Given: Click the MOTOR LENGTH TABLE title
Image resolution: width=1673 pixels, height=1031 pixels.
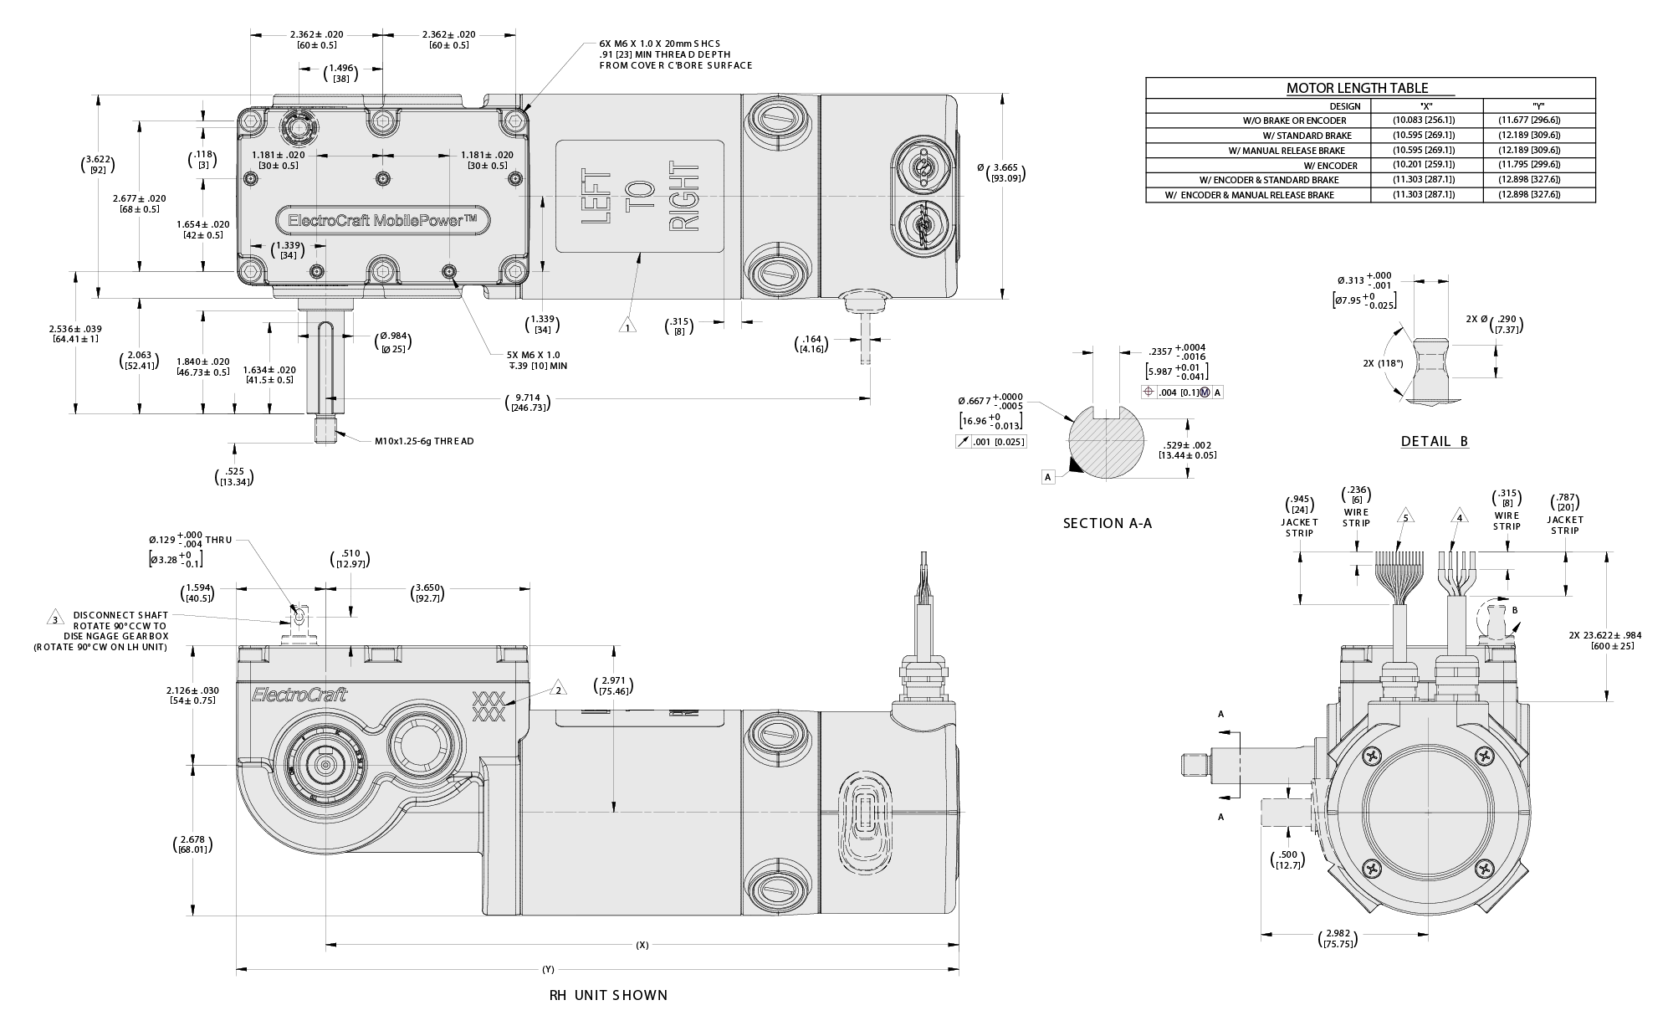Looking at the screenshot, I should [x=1357, y=88].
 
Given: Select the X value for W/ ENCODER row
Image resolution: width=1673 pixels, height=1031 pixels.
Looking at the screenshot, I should [x=1424, y=165].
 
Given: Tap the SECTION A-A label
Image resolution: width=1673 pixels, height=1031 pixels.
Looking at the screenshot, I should [x=1107, y=523].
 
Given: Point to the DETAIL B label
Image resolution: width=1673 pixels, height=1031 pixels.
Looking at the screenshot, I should [x=1435, y=441].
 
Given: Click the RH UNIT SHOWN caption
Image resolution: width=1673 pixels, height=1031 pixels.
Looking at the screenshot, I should [x=608, y=995].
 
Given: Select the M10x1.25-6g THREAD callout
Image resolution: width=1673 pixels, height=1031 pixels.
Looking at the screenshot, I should [x=423, y=441].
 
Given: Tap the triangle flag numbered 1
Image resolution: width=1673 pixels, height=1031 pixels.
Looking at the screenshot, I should [x=628, y=325].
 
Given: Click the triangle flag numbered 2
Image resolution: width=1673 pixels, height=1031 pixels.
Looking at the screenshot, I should [x=558, y=690].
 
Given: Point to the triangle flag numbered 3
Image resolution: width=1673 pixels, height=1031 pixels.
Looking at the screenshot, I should [x=55, y=619].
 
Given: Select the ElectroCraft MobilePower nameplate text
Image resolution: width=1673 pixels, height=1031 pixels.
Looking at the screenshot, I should [x=381, y=220].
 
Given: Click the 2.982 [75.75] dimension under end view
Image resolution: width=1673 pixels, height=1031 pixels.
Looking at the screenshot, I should [x=1335, y=938].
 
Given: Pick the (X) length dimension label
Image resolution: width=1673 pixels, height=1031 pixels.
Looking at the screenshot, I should [x=642, y=945].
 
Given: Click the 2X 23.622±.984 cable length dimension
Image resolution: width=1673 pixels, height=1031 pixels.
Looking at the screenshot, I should [x=1604, y=640].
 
